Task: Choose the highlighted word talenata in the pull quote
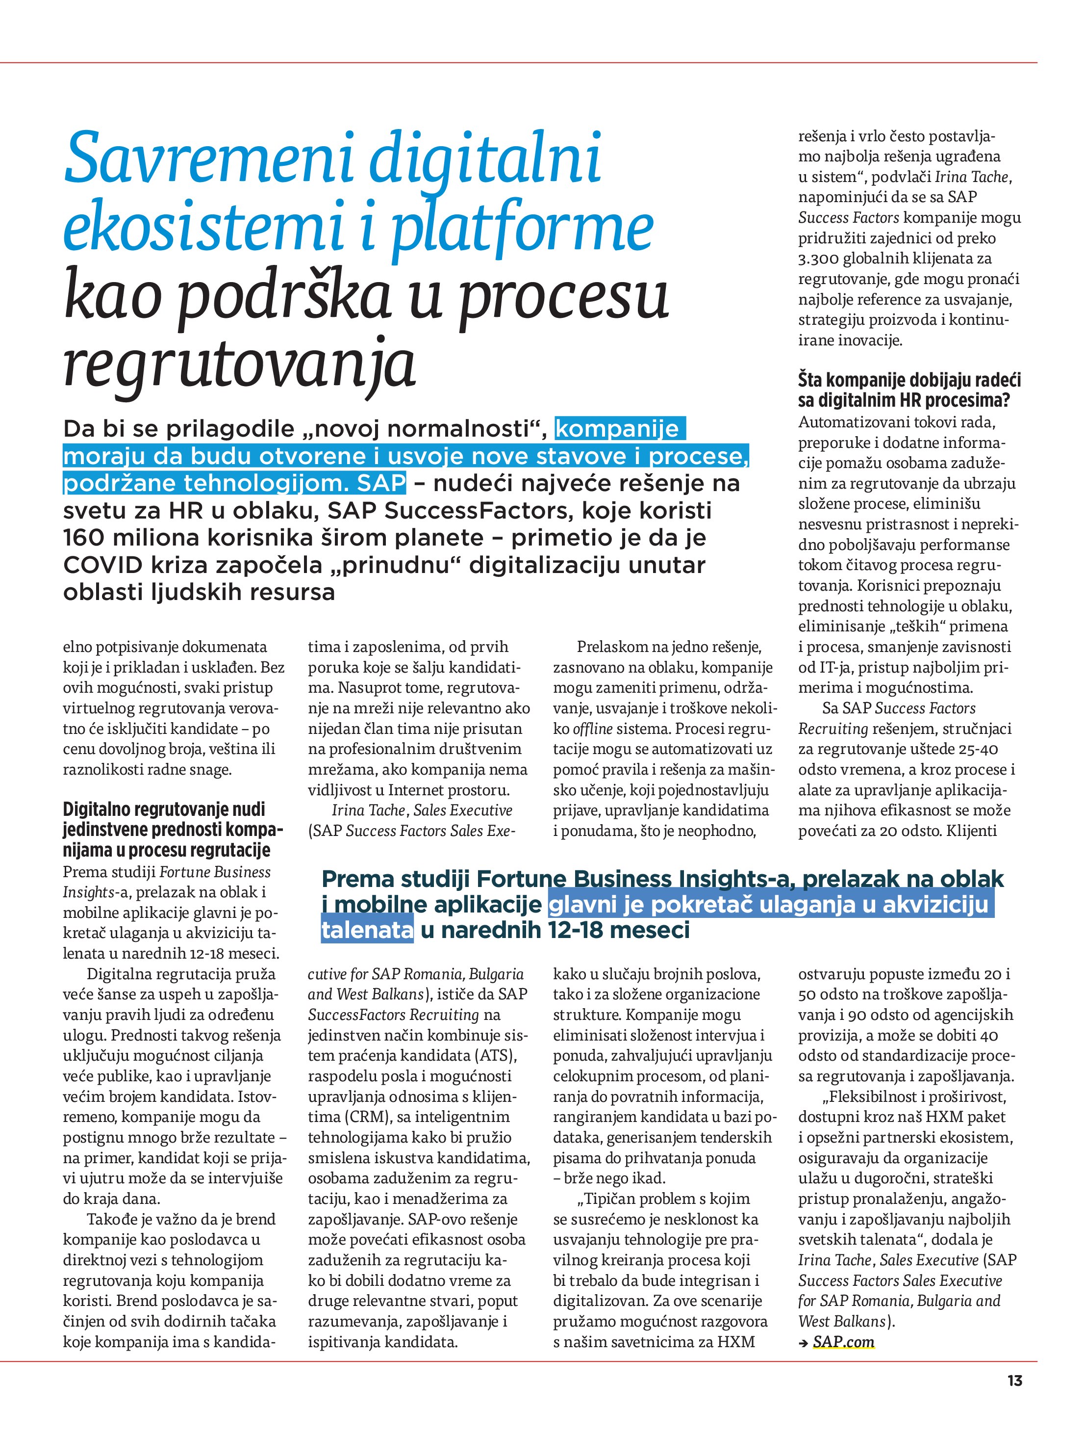pos(367,930)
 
